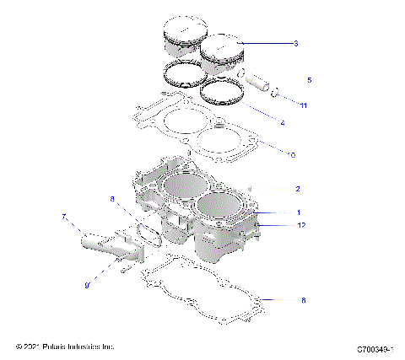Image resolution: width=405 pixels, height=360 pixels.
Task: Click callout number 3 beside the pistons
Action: point(295,42)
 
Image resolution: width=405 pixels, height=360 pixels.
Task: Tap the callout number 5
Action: point(309,80)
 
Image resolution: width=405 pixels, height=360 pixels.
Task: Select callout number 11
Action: point(304,105)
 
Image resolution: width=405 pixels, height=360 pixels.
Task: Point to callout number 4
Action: point(282,124)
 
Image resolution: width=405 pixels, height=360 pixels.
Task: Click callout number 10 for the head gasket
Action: point(292,155)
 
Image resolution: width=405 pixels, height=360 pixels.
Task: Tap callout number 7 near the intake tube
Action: point(63,218)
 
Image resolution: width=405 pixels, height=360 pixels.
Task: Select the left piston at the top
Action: point(181,38)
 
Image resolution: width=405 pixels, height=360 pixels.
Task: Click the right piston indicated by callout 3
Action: point(222,52)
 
